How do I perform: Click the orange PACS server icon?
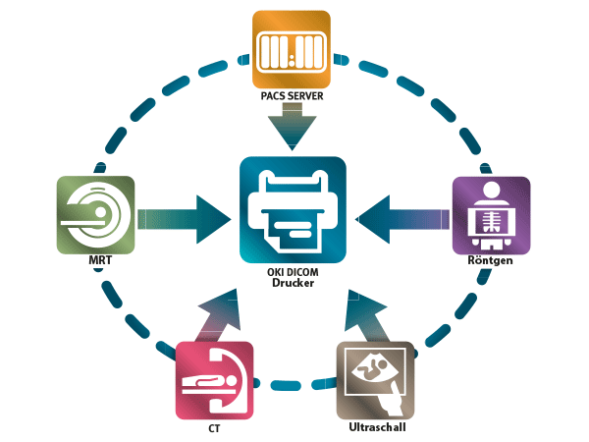294,50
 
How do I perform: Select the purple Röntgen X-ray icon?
490,216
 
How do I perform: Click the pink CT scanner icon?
214,379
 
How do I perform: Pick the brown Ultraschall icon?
376,379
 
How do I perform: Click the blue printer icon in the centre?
293,209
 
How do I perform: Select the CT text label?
214,429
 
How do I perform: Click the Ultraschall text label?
377,429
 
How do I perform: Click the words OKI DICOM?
293,272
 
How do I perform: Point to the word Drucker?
293,285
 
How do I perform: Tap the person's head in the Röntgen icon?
491,192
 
